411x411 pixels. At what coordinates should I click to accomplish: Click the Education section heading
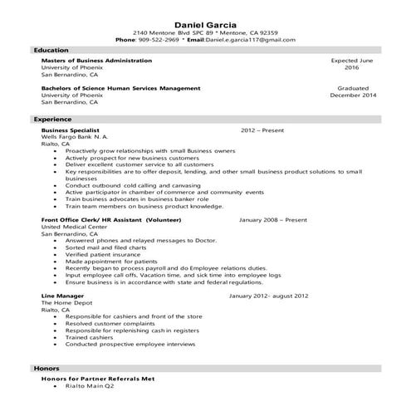51,50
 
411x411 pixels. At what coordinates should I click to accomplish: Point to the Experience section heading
53,120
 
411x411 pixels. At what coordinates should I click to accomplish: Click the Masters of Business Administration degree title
96,61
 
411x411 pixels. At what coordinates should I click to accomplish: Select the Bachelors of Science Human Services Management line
120,87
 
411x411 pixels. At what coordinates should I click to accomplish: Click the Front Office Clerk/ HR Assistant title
105,220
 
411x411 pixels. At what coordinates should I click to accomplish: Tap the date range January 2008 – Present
273,220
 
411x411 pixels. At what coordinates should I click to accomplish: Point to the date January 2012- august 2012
268,295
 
